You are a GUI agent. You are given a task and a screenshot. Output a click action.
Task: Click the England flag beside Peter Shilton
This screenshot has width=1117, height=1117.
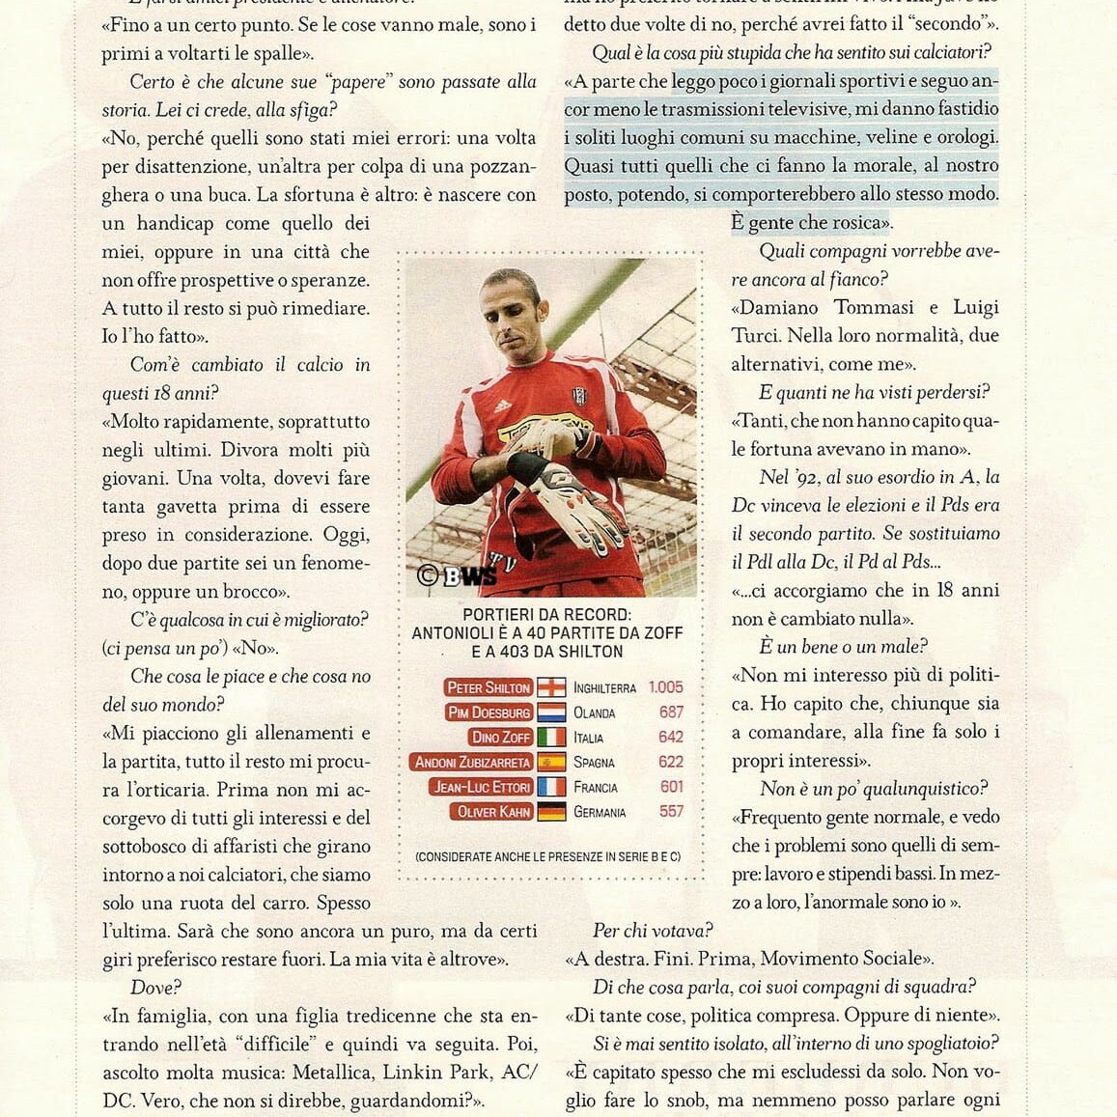pyautogui.click(x=551, y=687)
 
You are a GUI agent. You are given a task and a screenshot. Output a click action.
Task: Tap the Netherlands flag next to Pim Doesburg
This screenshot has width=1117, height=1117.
pyautogui.click(x=551, y=712)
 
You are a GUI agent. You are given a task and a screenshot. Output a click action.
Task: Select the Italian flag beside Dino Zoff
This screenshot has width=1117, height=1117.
pyautogui.click(x=551, y=738)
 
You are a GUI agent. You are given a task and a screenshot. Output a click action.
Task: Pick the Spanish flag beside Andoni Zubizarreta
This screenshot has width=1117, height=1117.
pyautogui.click(x=551, y=763)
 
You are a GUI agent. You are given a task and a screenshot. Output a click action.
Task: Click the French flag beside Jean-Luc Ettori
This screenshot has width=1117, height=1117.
pyautogui.click(x=551, y=788)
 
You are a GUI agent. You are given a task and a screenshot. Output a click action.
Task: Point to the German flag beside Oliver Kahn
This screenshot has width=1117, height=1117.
pyautogui.click(x=551, y=813)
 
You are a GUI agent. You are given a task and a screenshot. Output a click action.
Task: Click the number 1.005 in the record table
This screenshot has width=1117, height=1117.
pyautogui.click(x=665, y=687)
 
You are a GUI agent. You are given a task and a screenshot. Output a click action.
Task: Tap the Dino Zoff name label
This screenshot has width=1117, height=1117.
pyautogui.click(x=500, y=738)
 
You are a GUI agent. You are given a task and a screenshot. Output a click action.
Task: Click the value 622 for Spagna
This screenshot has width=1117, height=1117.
pyautogui.click(x=671, y=763)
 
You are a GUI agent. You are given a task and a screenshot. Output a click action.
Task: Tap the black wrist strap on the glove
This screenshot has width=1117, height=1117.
pyautogui.click(x=527, y=468)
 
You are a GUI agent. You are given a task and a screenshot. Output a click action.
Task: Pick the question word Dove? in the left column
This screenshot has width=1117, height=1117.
pyautogui.click(x=155, y=988)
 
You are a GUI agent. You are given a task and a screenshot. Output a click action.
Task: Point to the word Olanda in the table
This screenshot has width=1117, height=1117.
pyautogui.click(x=594, y=712)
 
